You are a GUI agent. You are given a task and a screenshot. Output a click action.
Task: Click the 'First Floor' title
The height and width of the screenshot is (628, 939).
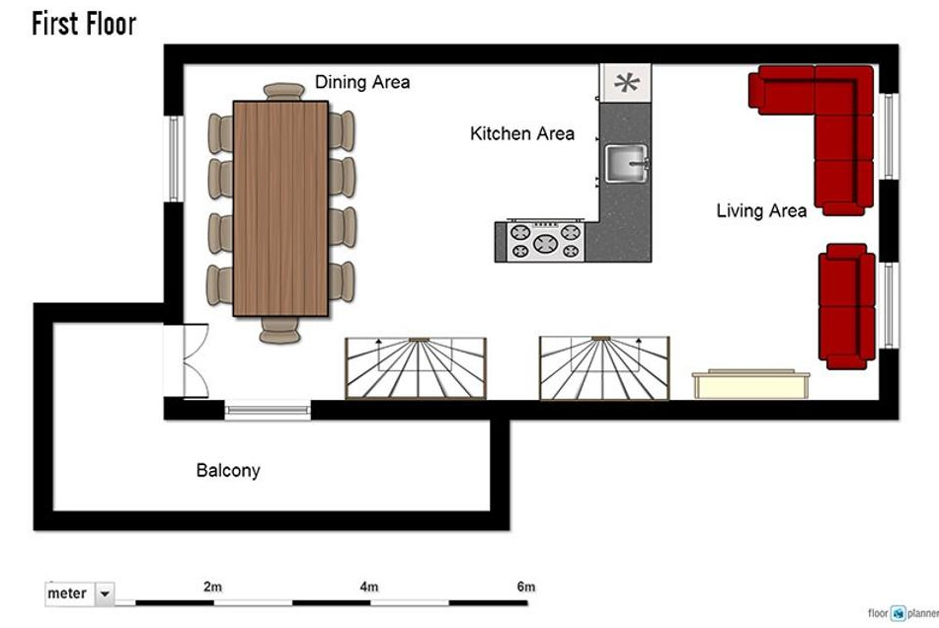[x=84, y=24]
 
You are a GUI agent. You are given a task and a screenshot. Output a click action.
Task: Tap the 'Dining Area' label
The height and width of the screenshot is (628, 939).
[x=362, y=82]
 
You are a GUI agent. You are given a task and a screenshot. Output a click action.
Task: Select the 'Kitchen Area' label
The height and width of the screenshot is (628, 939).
[x=522, y=133]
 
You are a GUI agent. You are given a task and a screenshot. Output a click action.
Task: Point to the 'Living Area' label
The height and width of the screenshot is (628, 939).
[x=761, y=210]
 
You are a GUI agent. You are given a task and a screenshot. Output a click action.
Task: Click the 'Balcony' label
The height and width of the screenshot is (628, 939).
[x=228, y=471]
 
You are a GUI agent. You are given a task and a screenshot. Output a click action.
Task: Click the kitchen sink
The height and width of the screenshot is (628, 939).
[x=626, y=163]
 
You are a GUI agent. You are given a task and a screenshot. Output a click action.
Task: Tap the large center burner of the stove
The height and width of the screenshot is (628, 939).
[x=545, y=243]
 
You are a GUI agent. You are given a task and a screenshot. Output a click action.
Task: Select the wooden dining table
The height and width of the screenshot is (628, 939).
[x=280, y=208]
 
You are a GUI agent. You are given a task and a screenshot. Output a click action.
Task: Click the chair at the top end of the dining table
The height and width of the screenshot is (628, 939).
[x=283, y=92]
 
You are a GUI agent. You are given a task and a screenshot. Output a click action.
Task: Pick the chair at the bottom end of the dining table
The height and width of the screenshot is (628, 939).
[x=279, y=330]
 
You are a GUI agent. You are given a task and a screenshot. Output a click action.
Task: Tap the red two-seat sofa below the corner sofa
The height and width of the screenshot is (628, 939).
[x=847, y=306]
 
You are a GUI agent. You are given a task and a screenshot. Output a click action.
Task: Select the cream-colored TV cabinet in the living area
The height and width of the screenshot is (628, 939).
[x=751, y=384]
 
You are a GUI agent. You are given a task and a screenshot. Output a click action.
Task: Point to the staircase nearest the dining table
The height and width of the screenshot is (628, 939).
[x=416, y=368]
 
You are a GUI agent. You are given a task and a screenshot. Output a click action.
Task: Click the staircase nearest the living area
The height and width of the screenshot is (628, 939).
[x=604, y=368]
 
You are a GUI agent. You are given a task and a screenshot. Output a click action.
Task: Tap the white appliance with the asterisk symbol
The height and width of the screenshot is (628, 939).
[x=626, y=83]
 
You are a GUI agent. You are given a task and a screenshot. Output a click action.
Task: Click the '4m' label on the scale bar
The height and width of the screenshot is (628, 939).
[x=369, y=587]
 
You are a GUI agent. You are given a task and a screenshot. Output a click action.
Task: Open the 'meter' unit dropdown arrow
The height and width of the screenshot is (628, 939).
[x=105, y=593]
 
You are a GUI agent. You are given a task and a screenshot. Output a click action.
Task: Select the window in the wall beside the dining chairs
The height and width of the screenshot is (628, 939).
[x=174, y=159]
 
